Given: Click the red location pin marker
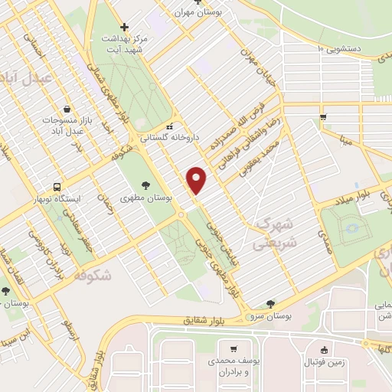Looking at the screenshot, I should point(198,180).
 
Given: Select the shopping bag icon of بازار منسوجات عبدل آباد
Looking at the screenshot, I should point(68,109).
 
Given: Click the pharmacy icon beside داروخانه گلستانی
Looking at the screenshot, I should point(170,127).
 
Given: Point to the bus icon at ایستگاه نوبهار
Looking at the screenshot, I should point(57,187).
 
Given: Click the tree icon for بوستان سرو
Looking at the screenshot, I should point(270,304).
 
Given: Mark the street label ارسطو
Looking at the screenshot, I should point(70,335).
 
